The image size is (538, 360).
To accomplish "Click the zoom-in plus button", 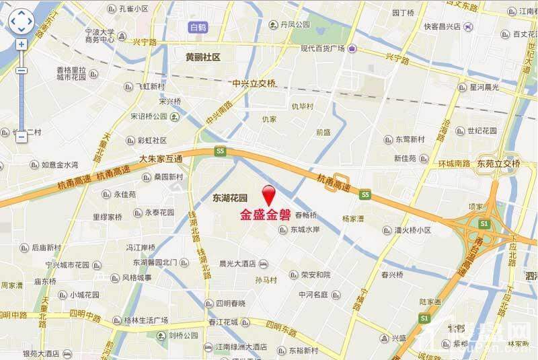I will pos(22,44).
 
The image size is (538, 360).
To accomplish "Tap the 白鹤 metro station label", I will pos(200,27).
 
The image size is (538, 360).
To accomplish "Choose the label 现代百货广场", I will pos(323,48).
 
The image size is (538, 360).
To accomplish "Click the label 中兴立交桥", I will pos(254,83).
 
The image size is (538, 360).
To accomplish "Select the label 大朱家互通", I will pos(161,159).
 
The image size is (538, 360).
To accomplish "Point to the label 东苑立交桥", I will pos(498,164).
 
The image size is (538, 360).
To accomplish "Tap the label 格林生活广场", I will pos(145,320).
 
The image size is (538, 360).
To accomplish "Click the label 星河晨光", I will pos(484,87).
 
